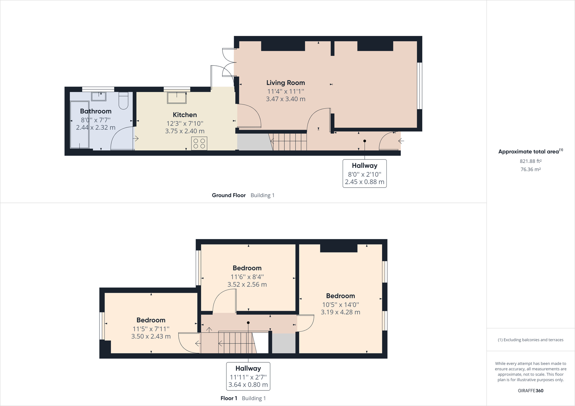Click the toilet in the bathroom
[x=123, y=101]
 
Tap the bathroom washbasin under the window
[x=99, y=97]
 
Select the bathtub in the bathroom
[x=80, y=125]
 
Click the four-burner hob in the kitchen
[x=199, y=143]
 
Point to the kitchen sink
[x=177, y=98]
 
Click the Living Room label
[x=285, y=83]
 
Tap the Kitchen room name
[x=185, y=115]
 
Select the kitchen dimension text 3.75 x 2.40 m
[x=185, y=131]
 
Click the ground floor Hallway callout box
[x=365, y=174]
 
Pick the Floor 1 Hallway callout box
[x=248, y=376]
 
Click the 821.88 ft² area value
[x=531, y=161]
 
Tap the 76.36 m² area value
[x=531, y=170]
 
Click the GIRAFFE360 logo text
[x=531, y=390]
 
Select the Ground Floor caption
[x=229, y=195]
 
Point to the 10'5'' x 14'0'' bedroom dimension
[x=340, y=305]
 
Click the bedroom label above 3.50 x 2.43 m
[x=151, y=320]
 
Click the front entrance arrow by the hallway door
[x=401, y=141]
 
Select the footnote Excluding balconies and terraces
[x=531, y=340]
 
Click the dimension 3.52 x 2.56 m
[x=247, y=284]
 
